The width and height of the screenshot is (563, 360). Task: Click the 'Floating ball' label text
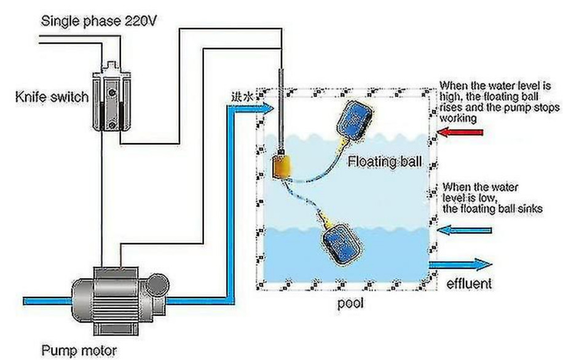pos(385,162)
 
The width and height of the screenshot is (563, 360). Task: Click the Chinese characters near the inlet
pos(240,96)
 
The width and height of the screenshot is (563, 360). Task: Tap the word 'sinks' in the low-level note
pos(529,208)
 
